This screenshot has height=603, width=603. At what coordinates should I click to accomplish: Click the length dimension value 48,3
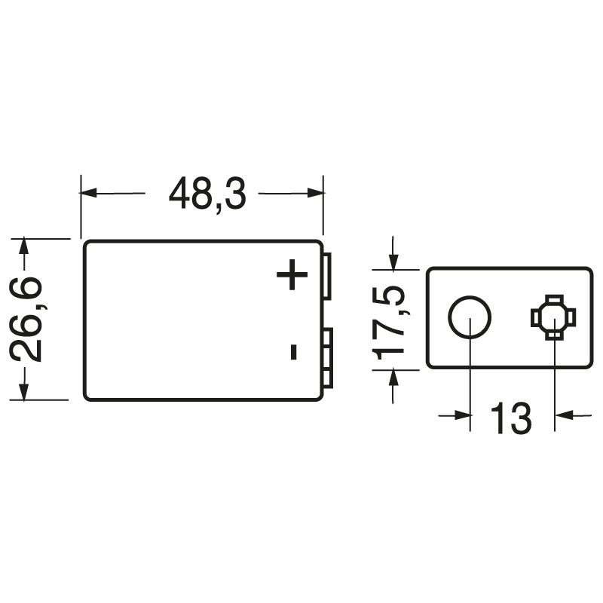pos(207,194)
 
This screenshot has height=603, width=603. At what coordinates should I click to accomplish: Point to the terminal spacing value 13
pos(510,418)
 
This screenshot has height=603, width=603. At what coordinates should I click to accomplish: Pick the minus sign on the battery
pos(293,351)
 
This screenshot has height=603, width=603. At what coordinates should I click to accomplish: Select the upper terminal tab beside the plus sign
pos(327,275)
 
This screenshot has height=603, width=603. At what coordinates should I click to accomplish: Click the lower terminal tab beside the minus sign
pos(327,358)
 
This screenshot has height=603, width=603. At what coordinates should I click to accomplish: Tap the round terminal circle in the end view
pos(470,317)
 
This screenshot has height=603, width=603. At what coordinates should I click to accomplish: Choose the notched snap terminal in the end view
pos(554,317)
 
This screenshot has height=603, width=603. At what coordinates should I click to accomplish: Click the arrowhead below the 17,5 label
pos(392,377)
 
